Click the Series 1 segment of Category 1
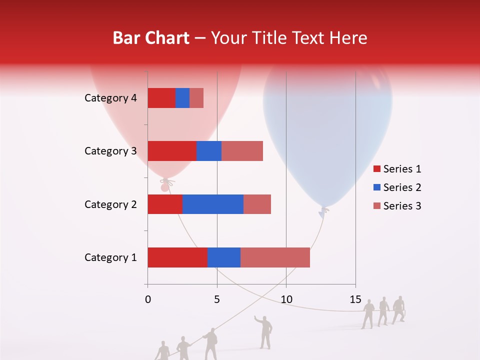click(177, 257)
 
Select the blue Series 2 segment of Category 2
click(213, 204)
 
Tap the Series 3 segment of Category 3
click(242, 151)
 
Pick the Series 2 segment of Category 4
click(182, 98)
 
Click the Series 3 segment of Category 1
click(275, 257)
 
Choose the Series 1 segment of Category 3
click(172, 151)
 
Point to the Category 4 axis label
click(110, 98)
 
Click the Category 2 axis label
click(110, 204)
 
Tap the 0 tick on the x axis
click(148, 299)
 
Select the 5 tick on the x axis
click(217, 299)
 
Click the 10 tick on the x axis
click(286, 299)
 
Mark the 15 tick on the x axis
click(355, 299)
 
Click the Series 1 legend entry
click(397, 169)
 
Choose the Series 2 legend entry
click(397, 187)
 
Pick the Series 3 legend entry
click(397, 206)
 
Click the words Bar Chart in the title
click(151, 38)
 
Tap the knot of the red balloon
click(165, 186)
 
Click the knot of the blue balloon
click(324, 211)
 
